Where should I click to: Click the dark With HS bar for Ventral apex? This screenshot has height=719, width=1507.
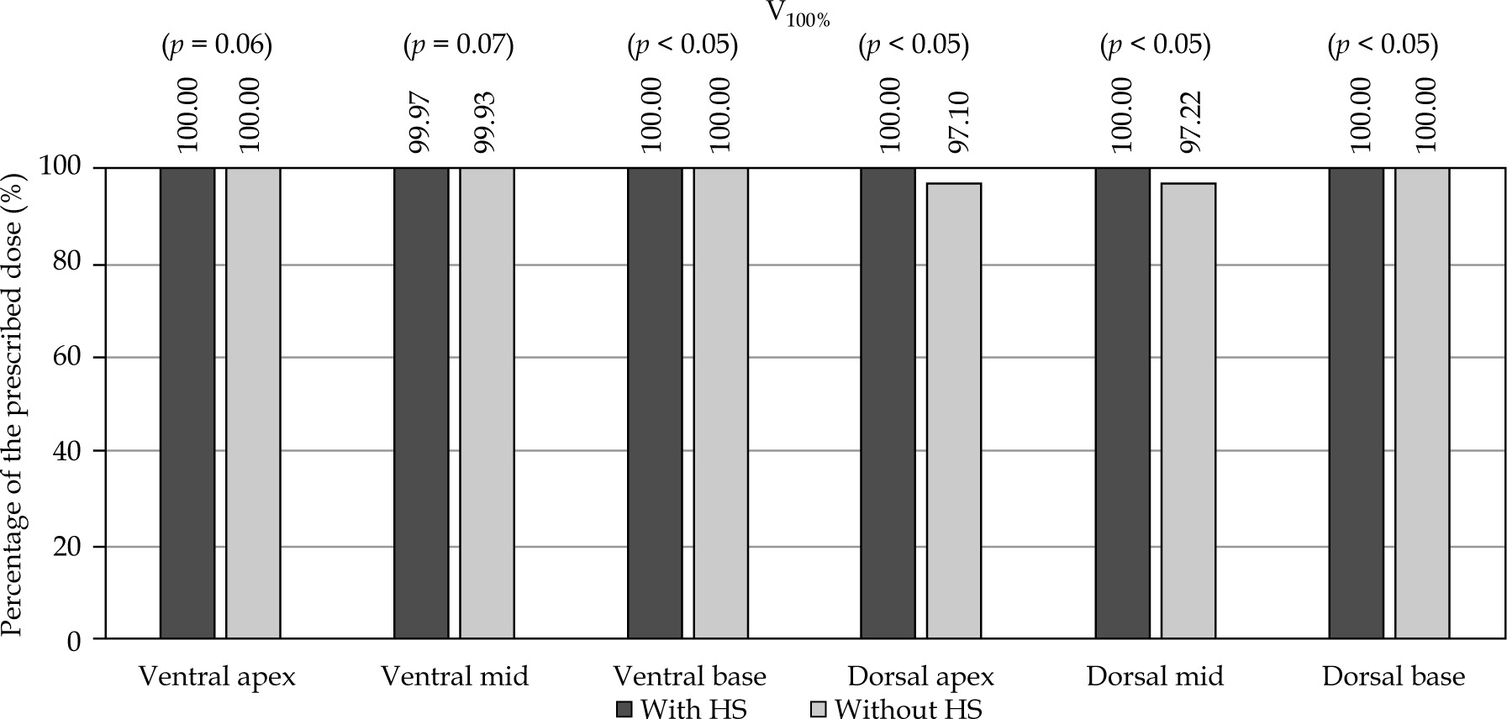(187, 403)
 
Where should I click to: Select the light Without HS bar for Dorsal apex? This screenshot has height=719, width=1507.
(953, 411)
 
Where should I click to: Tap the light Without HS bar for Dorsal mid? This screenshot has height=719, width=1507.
(1188, 411)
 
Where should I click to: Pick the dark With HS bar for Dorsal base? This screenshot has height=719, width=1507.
(1356, 403)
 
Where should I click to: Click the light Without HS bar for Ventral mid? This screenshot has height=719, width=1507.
(487, 403)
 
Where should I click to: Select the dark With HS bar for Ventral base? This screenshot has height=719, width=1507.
(655, 403)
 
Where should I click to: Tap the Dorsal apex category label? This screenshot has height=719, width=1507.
(921, 677)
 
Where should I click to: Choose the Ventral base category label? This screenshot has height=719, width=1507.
(689, 677)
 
